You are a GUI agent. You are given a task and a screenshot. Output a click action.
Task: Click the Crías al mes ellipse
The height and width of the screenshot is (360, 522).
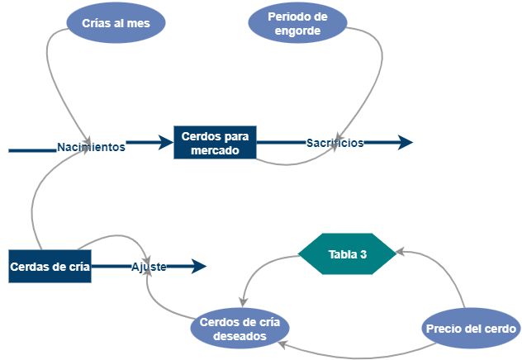pos(115,23)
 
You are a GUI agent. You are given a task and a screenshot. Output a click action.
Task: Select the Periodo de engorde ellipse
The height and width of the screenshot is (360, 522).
pos(297,24)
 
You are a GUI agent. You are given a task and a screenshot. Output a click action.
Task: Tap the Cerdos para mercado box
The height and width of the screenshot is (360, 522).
pos(215,143)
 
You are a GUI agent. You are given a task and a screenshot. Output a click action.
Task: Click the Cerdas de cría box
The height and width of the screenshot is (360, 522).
pos(50,266)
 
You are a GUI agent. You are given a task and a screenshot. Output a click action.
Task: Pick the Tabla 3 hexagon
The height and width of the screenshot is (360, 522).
pos(347,254)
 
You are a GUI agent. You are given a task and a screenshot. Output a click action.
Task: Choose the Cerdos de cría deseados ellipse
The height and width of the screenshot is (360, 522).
pos(239,329)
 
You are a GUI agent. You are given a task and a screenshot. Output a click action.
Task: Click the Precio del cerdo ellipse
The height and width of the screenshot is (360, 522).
pos(471,329)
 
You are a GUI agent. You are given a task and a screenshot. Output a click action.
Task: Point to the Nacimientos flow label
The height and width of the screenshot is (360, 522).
pos(91,147)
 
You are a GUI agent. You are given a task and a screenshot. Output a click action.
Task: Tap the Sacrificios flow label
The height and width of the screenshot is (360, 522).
pos(335,143)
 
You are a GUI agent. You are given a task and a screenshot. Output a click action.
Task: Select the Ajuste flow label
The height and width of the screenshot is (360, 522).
pos(149,267)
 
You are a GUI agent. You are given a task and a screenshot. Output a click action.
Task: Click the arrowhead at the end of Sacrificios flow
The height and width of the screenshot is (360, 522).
pos(405,143)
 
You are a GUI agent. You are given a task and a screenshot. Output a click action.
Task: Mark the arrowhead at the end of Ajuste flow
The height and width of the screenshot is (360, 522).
pos(198,266)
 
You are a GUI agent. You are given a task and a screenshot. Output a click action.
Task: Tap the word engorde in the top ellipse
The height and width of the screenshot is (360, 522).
pos(297,31)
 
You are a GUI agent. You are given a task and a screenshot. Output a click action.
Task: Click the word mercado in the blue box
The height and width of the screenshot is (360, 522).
pos(215,151)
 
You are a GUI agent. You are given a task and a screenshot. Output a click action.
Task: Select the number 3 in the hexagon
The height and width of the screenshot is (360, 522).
pos(363,254)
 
